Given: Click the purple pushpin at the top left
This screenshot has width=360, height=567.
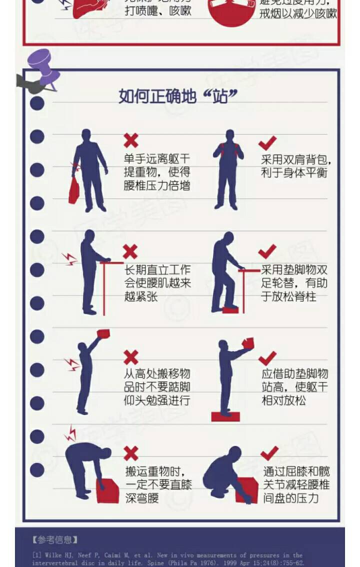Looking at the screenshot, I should tap(42, 67).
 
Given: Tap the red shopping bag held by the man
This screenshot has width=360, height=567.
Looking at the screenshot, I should tap(74, 190).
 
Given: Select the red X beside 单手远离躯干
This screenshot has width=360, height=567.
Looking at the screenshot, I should tap(131, 141).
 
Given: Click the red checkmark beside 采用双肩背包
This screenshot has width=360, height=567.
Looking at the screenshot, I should tap(267, 143).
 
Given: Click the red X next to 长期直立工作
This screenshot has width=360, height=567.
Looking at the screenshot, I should tap(130, 251).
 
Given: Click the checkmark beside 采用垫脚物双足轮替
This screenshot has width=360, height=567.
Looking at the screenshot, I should tap(267, 251).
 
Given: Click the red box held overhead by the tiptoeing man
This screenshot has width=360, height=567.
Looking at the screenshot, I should tap(103, 333).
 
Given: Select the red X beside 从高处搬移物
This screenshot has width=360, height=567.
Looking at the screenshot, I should tap(131, 357).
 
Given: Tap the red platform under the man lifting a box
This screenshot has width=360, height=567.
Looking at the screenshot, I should tap(225, 416).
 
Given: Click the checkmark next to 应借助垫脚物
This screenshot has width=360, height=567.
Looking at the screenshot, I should tap(267, 358).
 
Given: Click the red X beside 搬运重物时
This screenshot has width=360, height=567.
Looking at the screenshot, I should tap(131, 453).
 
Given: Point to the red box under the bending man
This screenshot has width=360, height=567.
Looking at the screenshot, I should tap(108, 491).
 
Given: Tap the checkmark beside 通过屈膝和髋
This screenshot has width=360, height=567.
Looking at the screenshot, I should tap(269, 453).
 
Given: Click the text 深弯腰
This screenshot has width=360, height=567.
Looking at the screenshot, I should tap(142, 498).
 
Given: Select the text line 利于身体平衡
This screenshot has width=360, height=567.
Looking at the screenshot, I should tap(294, 173).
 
